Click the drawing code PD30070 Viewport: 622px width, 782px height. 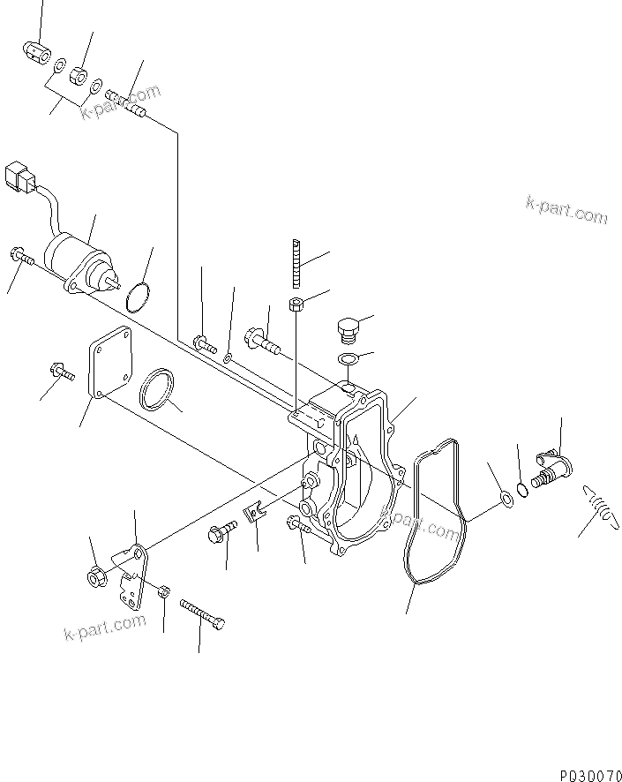click(x=589, y=774)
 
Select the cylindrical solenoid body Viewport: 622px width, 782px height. click(x=74, y=252)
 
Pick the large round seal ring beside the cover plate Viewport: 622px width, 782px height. click(x=158, y=389)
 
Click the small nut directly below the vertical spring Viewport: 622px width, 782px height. click(x=297, y=305)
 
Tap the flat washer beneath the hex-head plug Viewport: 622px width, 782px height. click(x=348, y=359)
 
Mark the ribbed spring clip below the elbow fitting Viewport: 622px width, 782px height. click(x=596, y=509)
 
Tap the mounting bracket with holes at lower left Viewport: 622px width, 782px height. click(x=132, y=577)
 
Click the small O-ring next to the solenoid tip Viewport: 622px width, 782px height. click(x=135, y=296)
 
